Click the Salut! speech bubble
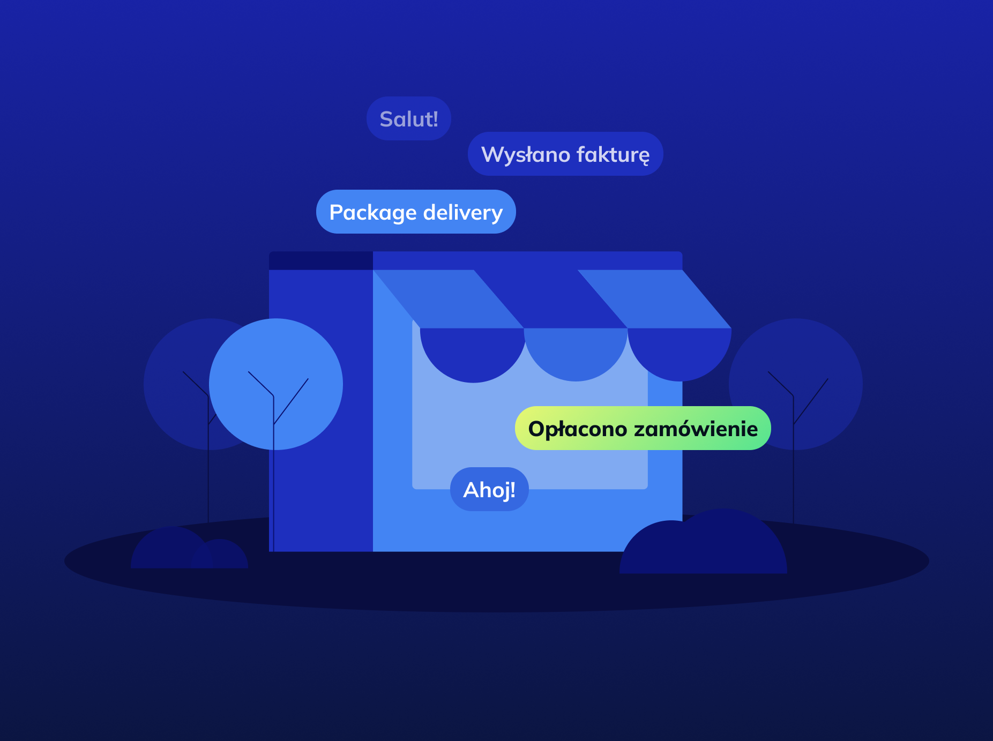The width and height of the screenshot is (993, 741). click(x=408, y=119)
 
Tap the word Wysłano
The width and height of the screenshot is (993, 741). click(x=525, y=155)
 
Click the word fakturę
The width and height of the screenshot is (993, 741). click(x=613, y=155)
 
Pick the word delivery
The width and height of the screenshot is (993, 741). click(x=463, y=213)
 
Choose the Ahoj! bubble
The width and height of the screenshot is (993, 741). click(x=489, y=490)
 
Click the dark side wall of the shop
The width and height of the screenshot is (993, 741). click(x=322, y=498)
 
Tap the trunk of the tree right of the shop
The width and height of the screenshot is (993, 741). click(x=793, y=482)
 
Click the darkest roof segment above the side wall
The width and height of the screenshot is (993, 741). click(x=320, y=261)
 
